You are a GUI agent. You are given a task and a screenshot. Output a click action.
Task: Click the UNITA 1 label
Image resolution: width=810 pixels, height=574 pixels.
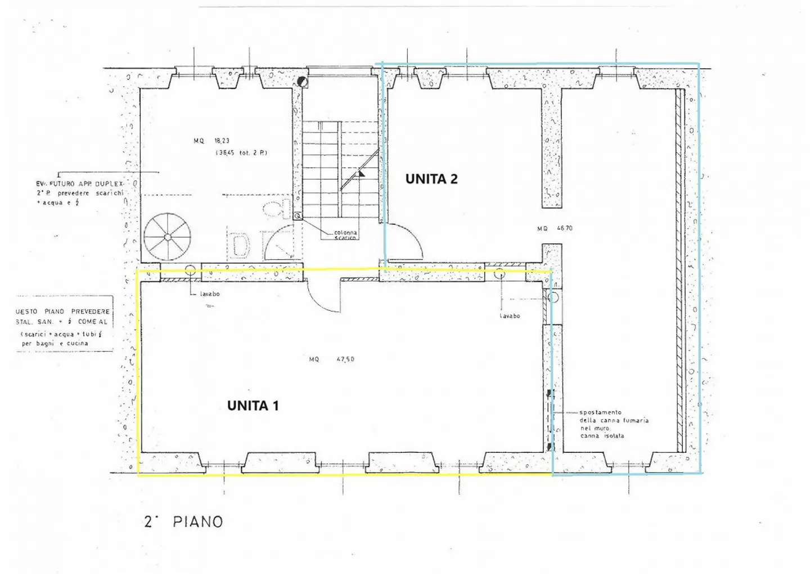point(253,406)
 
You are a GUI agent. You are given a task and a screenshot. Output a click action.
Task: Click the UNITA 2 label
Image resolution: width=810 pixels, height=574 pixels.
point(431,179)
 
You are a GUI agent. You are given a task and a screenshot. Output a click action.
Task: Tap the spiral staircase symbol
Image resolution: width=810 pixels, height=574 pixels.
point(167,237)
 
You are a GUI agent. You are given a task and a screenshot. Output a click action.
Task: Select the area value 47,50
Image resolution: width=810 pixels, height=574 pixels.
point(345,359)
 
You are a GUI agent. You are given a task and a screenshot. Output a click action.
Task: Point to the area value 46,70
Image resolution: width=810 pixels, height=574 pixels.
point(564,229)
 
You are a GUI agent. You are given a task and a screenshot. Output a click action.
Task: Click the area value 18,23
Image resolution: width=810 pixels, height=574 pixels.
point(222,141)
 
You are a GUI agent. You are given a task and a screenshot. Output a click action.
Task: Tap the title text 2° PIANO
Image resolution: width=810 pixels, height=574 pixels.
point(184,522)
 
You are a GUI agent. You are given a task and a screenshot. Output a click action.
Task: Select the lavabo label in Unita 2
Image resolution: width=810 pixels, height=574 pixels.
point(510,316)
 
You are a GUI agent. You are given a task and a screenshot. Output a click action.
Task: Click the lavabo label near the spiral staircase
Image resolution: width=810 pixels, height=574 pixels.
point(210,294)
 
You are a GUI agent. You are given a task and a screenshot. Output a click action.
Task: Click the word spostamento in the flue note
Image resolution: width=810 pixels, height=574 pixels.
point(600,412)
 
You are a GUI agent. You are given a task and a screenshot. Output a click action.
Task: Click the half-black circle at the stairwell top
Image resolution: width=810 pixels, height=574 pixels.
point(303,82)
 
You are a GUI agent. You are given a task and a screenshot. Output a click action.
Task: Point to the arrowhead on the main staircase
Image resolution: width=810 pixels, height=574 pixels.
point(362,173)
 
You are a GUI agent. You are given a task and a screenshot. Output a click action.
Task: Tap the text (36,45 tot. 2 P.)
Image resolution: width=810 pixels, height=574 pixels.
point(241,153)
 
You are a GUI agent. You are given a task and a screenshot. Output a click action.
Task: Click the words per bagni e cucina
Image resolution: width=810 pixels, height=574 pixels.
point(55,343)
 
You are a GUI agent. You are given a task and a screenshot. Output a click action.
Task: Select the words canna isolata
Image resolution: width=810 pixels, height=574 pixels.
point(602,436)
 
